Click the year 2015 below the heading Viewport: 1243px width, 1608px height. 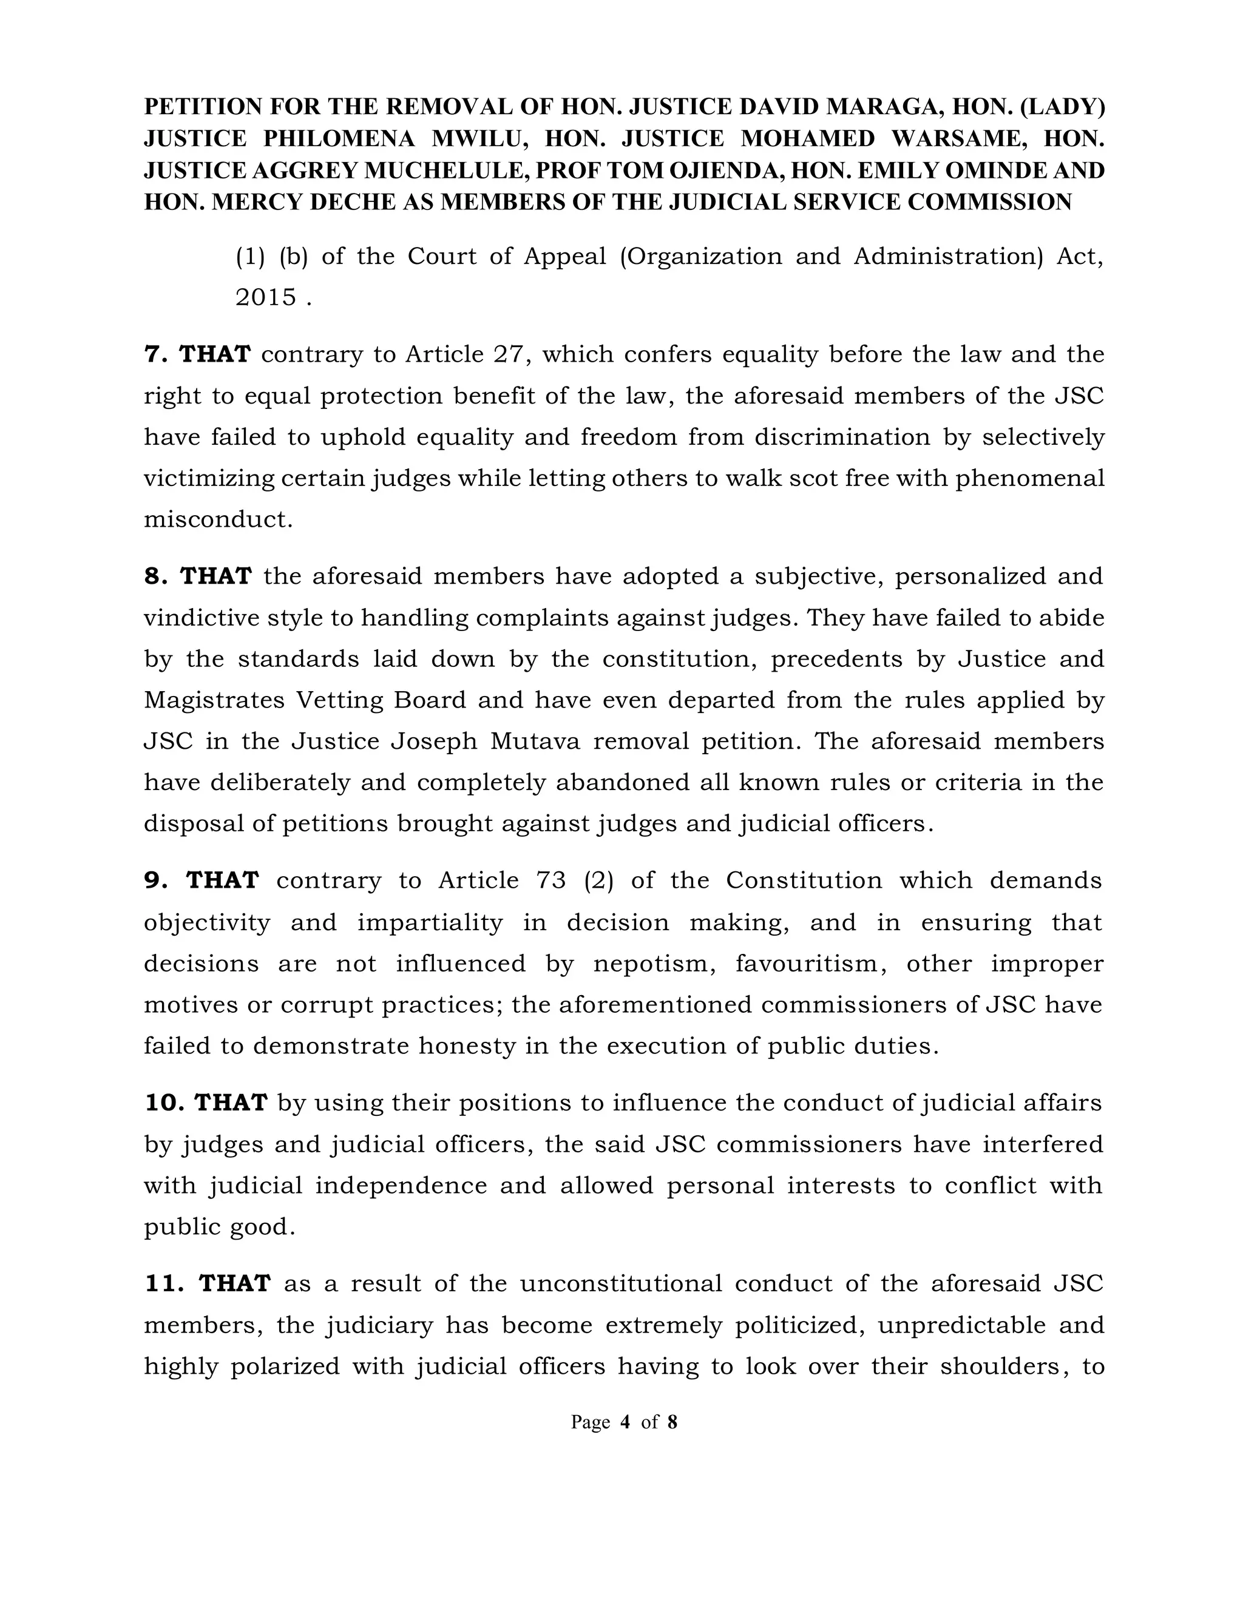click(266, 297)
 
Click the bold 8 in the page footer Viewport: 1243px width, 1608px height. click(672, 1422)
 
